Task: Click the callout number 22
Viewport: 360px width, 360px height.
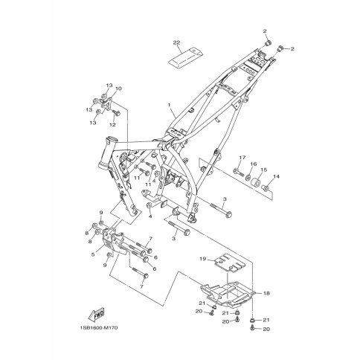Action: (x=176, y=42)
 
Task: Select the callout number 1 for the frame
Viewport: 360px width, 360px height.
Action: (x=170, y=105)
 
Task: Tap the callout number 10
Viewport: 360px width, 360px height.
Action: (x=118, y=89)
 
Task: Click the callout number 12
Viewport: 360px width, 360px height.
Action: (x=112, y=125)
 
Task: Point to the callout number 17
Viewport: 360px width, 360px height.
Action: (x=242, y=158)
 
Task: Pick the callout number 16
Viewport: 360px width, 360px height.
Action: (x=254, y=164)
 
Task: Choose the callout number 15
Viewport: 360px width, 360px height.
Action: (x=264, y=170)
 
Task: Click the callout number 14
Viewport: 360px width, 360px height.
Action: (x=276, y=176)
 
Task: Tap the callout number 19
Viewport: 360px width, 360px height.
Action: (x=203, y=259)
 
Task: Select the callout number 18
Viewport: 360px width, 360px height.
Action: (x=266, y=293)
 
